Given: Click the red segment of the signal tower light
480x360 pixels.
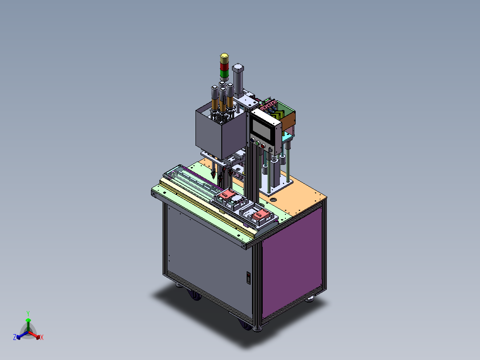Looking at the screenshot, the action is tap(224, 66).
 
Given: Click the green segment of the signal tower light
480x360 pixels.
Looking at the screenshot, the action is tap(224, 74).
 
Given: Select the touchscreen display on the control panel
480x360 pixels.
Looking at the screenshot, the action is tap(262, 130).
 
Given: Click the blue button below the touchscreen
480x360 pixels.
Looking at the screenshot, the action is tap(252, 140).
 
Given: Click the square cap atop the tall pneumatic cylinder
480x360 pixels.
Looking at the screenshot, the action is tap(238, 68).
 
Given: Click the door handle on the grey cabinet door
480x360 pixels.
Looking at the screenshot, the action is tap(248, 278).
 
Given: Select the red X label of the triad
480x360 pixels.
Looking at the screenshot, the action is tap(42, 337).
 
